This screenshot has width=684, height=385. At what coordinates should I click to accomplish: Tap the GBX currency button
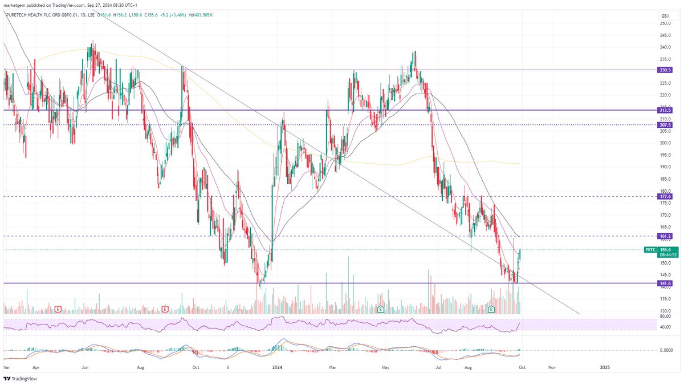coord(665,15)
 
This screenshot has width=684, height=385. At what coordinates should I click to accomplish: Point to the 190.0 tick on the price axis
coord(665,167)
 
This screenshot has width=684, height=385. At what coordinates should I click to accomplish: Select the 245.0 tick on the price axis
coord(665,35)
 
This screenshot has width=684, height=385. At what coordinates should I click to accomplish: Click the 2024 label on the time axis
coord(278,368)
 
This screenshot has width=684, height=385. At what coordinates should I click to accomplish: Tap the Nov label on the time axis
coord(551,368)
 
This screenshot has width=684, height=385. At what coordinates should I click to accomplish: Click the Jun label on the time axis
coord(86,368)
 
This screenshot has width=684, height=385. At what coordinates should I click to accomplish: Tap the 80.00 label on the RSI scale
coord(665,316)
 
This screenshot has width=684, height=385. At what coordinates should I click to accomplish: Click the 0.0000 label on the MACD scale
coord(666,350)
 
